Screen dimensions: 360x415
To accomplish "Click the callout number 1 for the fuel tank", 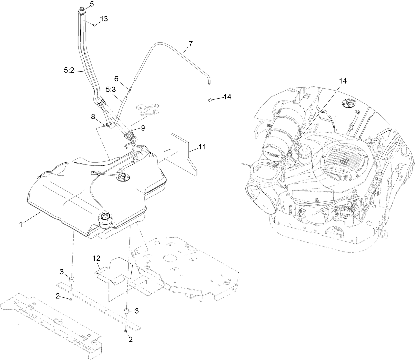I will coord(21,224).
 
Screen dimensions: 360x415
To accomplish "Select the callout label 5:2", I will coord(69,70).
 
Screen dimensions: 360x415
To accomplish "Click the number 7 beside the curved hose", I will coord(190,44).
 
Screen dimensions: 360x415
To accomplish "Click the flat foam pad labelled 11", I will coord(180,152).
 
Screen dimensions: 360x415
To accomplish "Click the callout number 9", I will coord(143,128).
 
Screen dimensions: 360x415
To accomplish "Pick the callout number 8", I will coord(93,116).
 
